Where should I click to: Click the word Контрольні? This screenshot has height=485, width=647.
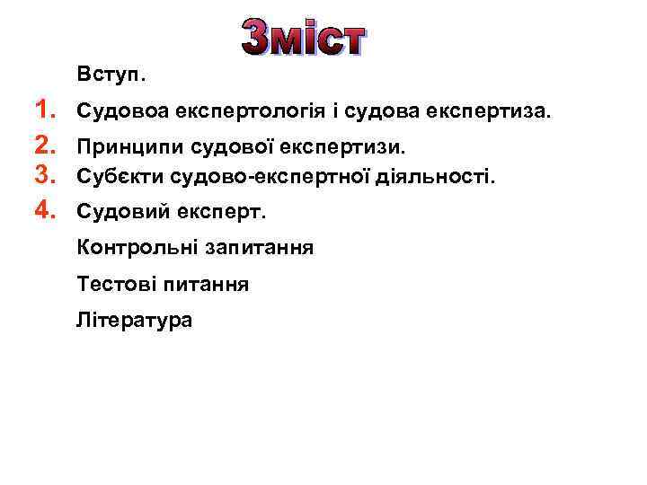pyautogui.click(x=135, y=247)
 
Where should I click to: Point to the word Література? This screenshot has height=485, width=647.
pyautogui.click(x=135, y=320)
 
